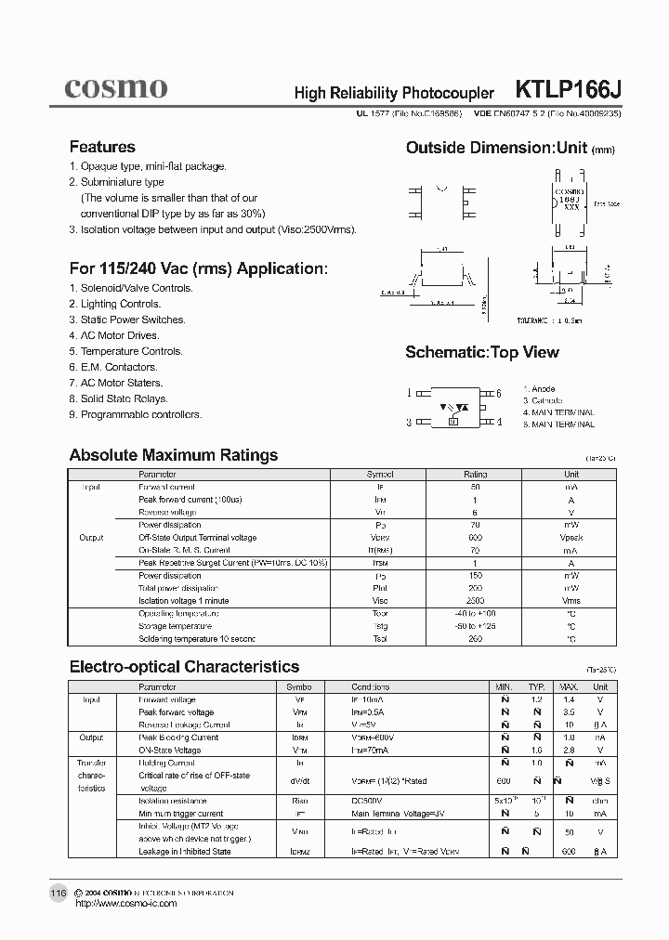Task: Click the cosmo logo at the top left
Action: click(115, 88)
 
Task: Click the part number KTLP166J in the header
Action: click(568, 90)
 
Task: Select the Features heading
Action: click(102, 147)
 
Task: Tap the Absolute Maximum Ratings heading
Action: click(174, 455)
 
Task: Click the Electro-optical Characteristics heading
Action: click(184, 667)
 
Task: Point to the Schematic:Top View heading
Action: click(482, 352)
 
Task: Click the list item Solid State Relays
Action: click(124, 398)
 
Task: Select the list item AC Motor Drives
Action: click(120, 335)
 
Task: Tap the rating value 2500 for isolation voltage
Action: click(475, 601)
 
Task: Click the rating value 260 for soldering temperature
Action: click(475, 639)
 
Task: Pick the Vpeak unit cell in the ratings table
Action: click(571, 538)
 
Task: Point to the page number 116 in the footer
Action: click(58, 893)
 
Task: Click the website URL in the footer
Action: click(124, 903)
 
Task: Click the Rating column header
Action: click(475, 474)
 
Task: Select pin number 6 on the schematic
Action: click(499, 393)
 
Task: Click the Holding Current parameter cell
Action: click(167, 763)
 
